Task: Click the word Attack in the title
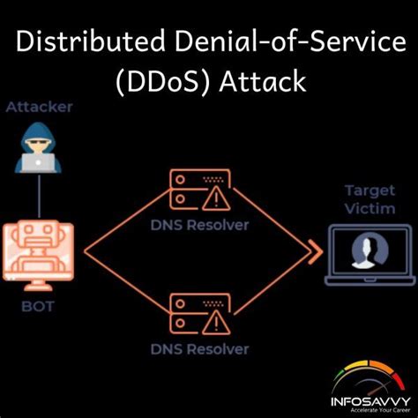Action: (259, 82)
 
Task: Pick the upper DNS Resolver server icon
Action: (199, 189)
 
